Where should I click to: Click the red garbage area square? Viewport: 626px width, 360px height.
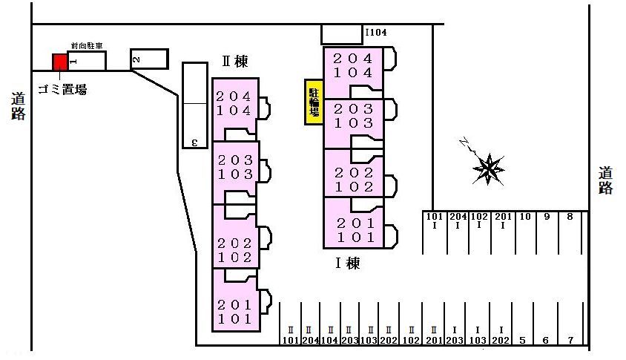click(x=59, y=62)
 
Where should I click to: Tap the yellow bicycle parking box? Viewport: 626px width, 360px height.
click(x=314, y=102)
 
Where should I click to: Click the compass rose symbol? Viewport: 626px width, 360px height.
click(x=489, y=168)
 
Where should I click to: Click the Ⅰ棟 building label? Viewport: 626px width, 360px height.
click(x=347, y=263)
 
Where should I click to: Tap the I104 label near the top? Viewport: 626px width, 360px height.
click(x=376, y=33)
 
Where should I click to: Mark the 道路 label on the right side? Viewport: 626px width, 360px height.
click(x=606, y=180)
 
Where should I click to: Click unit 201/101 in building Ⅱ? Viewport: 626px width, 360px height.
click(x=234, y=312)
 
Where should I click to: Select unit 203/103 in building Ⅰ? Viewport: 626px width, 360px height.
click(x=353, y=116)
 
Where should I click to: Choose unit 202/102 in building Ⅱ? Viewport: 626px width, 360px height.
click(x=234, y=251)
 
